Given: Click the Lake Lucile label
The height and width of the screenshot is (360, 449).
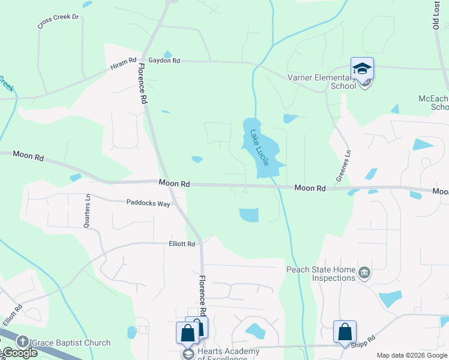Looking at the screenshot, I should (x=260, y=148).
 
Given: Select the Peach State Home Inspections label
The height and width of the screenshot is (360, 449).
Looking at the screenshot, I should (x=321, y=274).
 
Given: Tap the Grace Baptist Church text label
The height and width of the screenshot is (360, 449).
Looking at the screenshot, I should (x=71, y=343).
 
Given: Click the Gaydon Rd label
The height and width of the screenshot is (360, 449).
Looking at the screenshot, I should (x=164, y=61).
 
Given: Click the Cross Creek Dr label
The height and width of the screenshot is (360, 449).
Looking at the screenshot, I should (x=58, y=22).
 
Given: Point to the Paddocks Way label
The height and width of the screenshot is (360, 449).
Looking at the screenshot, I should (x=148, y=203).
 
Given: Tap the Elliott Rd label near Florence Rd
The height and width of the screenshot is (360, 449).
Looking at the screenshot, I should (x=182, y=244).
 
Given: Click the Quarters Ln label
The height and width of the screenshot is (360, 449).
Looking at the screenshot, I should (x=88, y=209).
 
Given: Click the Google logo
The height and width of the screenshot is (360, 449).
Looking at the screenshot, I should (x=19, y=353).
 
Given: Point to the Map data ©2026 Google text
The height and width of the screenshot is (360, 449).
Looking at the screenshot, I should (x=412, y=355).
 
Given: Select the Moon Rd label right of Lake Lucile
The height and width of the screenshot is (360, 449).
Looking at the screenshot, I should (x=310, y=188).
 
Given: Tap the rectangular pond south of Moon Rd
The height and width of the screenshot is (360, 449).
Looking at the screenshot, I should (x=249, y=215).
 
